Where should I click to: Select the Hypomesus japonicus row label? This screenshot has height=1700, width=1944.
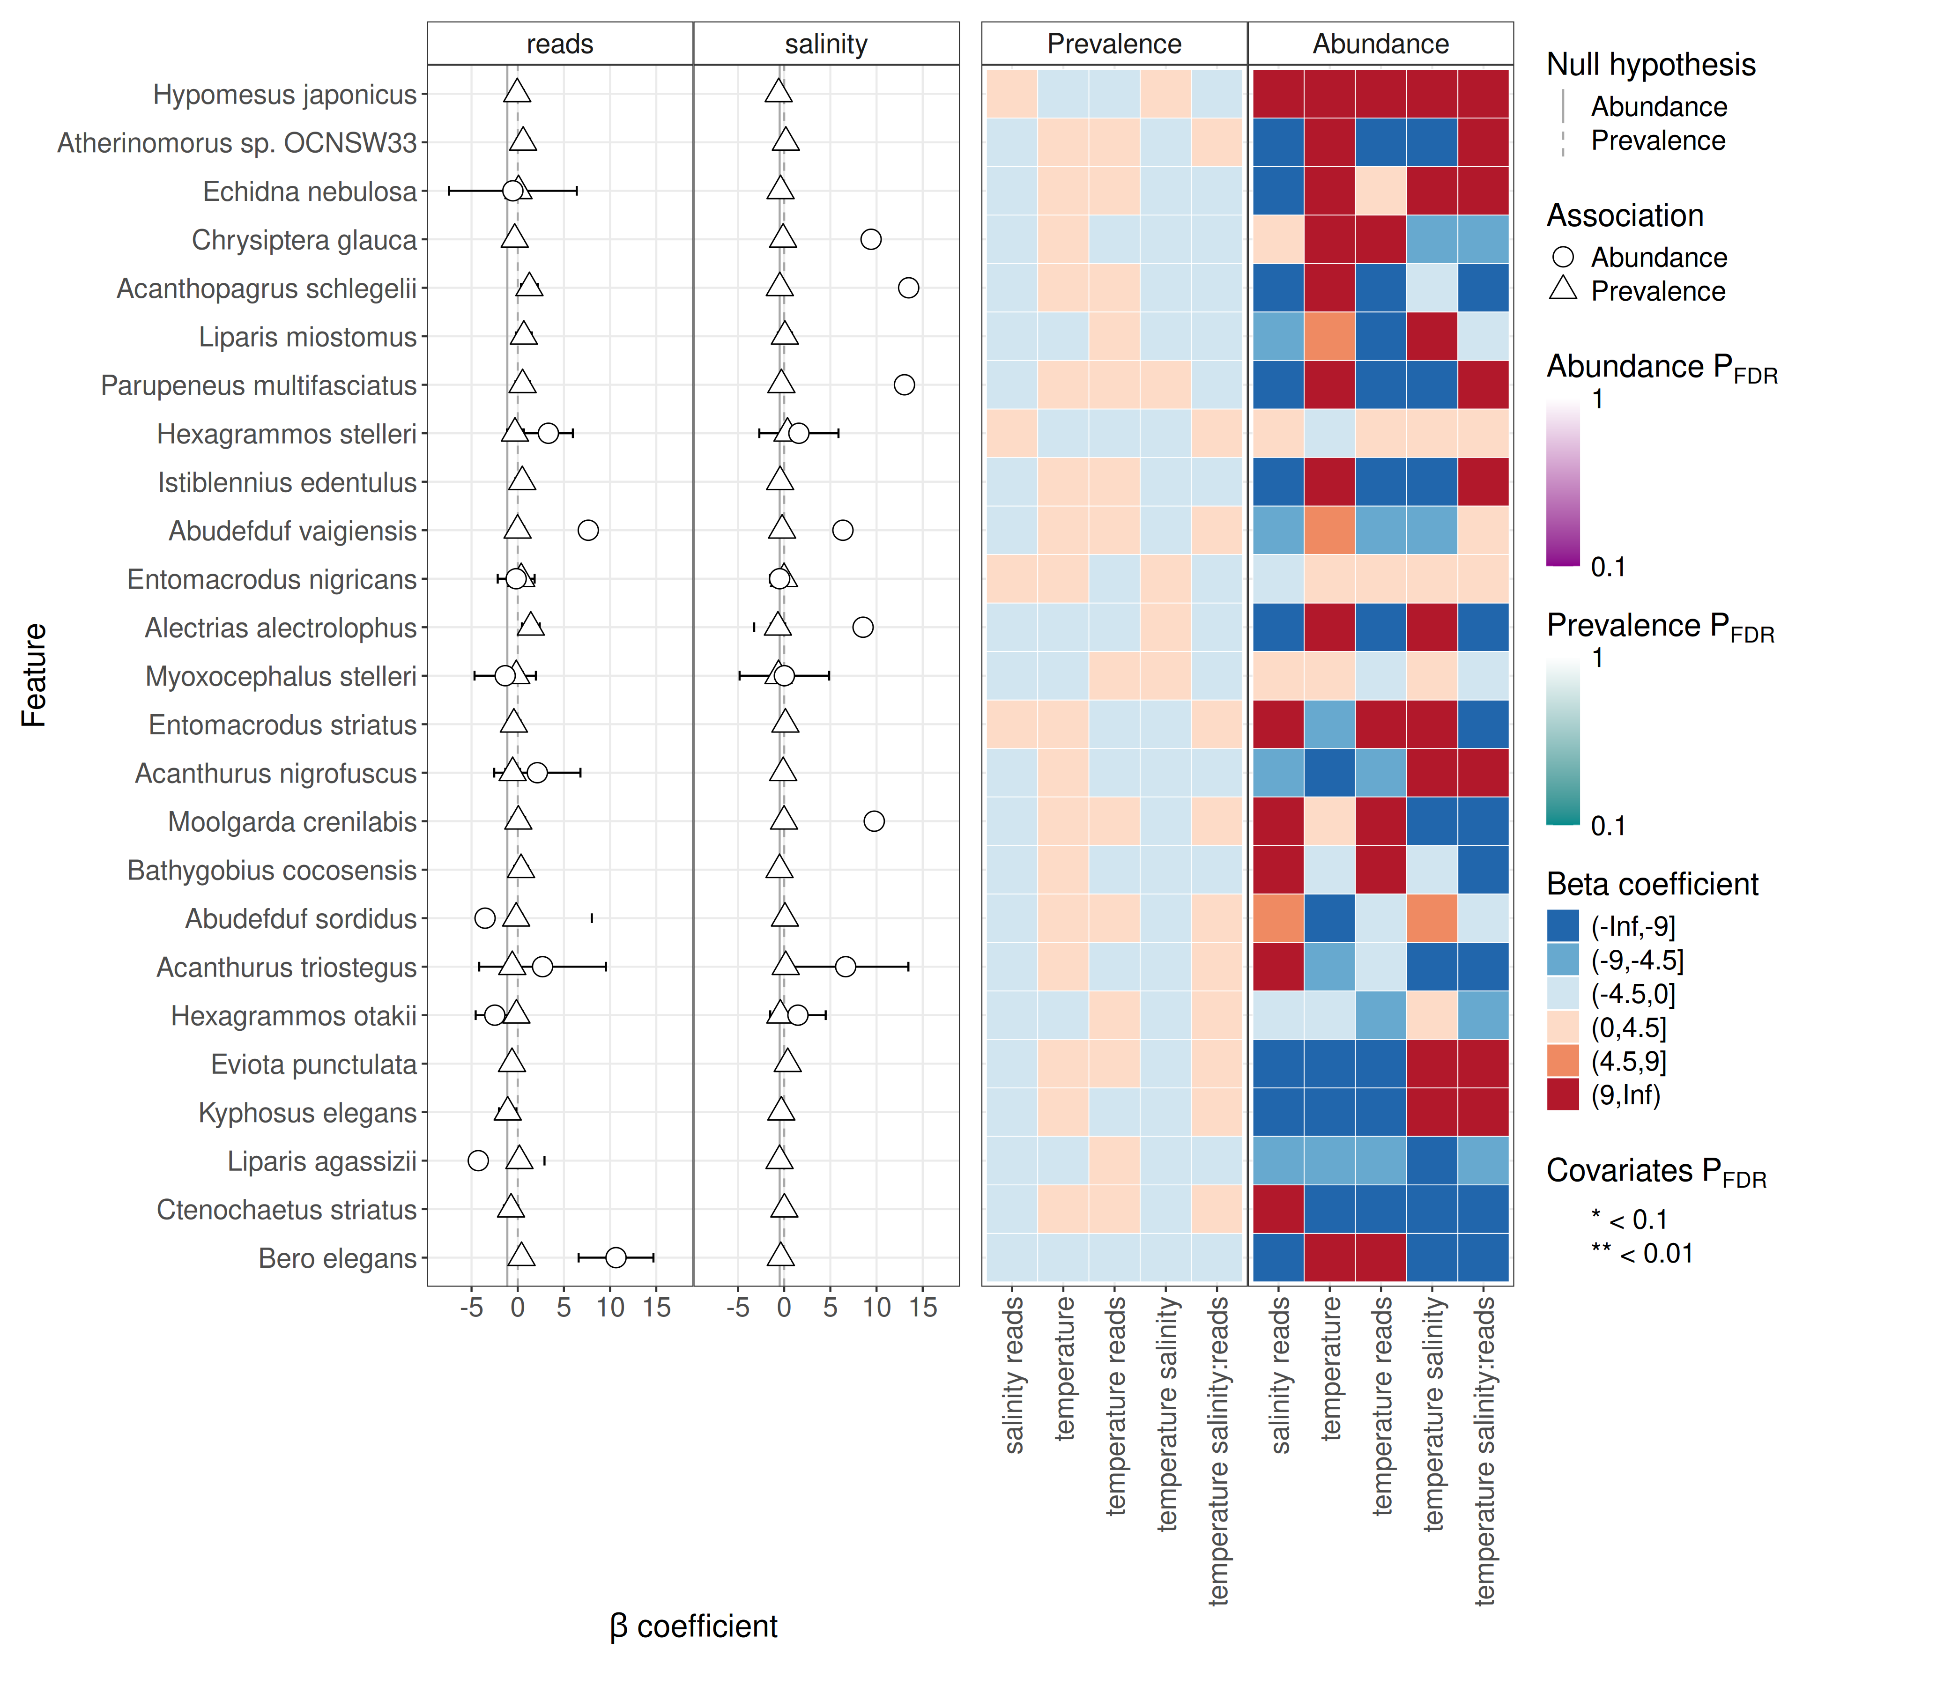click(285, 95)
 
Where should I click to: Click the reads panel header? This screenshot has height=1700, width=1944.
click(560, 44)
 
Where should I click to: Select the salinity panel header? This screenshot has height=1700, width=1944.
click(825, 44)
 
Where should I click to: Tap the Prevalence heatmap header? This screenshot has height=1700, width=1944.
click(1114, 44)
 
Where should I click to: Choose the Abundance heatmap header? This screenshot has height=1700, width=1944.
click(1380, 44)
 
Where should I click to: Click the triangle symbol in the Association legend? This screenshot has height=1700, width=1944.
click(1563, 289)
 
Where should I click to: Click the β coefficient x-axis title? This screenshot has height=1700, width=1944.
click(694, 1626)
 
